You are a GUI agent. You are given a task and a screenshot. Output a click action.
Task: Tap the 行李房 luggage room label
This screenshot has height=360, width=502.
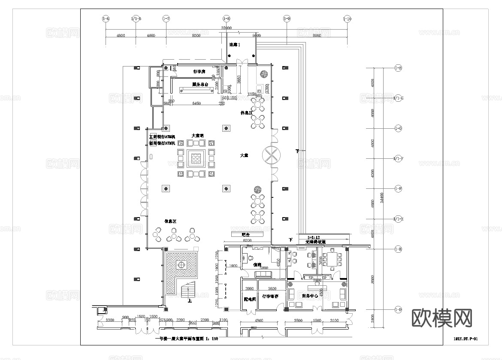coord(200,71)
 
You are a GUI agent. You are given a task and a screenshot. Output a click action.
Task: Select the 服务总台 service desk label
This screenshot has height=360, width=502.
coord(200,85)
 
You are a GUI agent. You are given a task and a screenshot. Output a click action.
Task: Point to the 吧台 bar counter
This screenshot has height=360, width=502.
coord(246,235)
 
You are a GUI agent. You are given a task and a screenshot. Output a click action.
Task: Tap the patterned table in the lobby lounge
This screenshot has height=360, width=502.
coord(196,159)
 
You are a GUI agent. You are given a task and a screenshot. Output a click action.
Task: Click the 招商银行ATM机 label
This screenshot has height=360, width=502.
coord(162,143)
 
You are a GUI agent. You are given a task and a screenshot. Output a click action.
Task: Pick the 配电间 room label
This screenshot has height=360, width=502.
coord(250,299)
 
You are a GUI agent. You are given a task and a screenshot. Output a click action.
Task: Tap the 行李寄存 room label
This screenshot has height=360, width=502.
coord(270,296)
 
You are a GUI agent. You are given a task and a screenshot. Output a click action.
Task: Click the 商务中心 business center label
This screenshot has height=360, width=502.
coord(310,296)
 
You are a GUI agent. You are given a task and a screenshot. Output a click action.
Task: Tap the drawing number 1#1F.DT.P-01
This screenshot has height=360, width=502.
coord(465,339)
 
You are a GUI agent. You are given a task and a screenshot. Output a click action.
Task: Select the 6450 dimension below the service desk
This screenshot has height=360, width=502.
coord(197,103)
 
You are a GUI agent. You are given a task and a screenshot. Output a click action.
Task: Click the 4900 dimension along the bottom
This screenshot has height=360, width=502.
coord(259,321)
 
